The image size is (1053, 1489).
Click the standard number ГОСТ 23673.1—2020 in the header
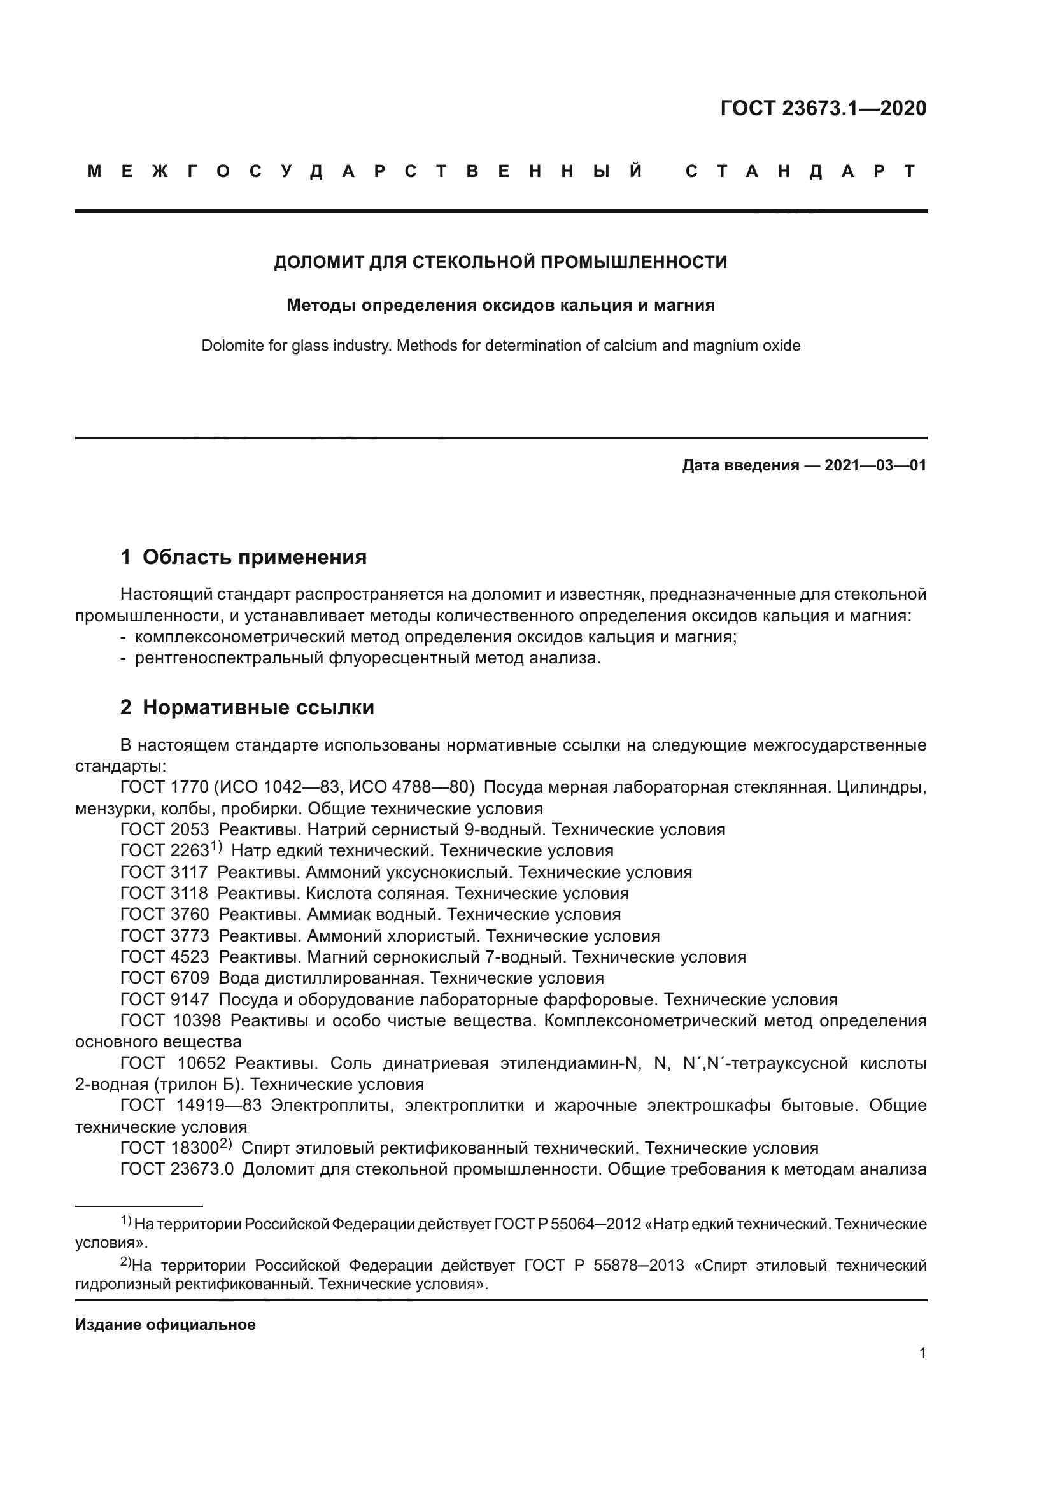click(x=823, y=108)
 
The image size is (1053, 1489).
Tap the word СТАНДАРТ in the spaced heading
click(x=802, y=172)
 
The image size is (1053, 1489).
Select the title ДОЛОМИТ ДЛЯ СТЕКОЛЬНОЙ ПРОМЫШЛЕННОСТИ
click(x=500, y=263)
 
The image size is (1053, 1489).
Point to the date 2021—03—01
click(x=875, y=465)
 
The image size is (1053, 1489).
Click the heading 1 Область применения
click(x=243, y=556)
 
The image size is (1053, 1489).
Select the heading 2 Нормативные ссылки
click(x=247, y=707)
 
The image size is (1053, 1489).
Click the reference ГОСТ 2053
click(x=165, y=829)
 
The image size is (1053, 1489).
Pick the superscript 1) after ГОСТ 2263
click(x=216, y=847)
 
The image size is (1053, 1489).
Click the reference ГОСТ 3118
click(x=164, y=893)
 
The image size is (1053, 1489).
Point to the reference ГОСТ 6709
click(x=165, y=977)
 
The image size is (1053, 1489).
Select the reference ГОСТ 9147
click(x=165, y=999)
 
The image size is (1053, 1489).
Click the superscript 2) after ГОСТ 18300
click(x=225, y=1144)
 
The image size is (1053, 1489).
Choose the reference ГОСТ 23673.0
click(x=177, y=1169)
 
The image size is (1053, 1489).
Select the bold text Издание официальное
click(x=166, y=1324)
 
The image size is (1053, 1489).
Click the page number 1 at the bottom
click(x=922, y=1353)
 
